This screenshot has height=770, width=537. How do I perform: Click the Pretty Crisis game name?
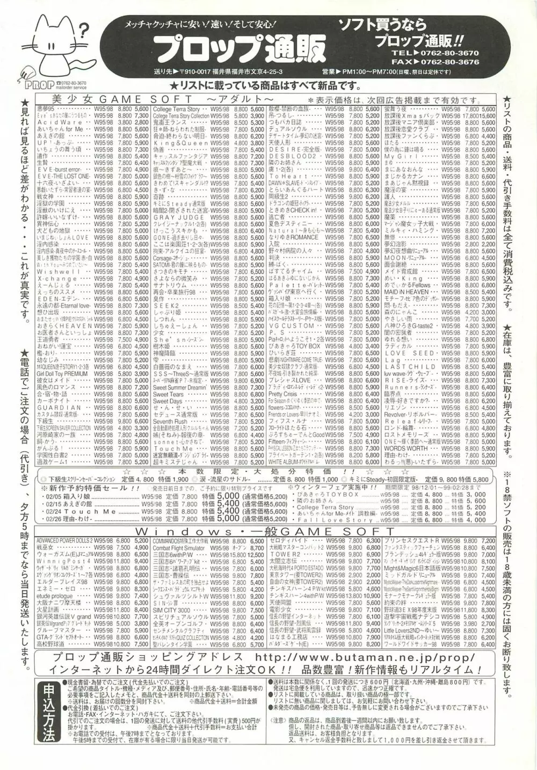[x=282, y=394]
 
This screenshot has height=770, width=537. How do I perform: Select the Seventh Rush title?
[x=170, y=420]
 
